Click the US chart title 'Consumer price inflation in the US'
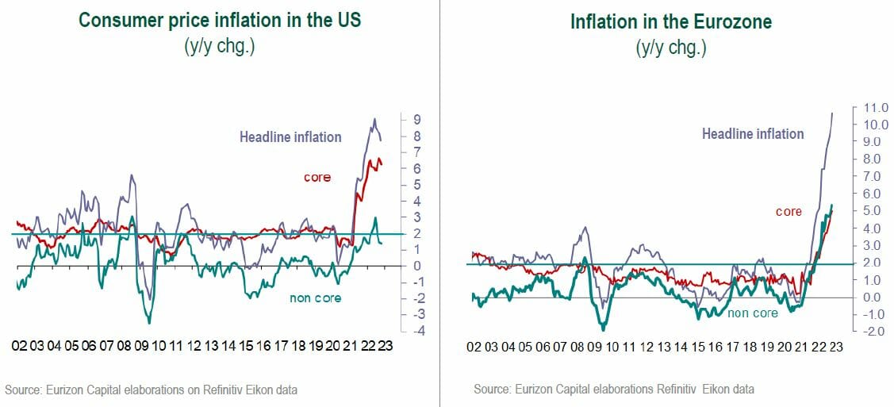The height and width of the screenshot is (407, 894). click(x=219, y=20)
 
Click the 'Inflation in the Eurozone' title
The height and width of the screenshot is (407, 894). click(x=670, y=21)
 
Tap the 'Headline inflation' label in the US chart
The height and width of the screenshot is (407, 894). click(x=290, y=137)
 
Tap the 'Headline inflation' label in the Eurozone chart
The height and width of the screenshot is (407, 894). click(x=752, y=134)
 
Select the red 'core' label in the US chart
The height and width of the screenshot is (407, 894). click(x=317, y=177)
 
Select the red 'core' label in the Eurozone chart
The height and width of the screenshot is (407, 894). click(x=788, y=212)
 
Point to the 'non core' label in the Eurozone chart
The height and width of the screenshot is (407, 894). click(x=753, y=313)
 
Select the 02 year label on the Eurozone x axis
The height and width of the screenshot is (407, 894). click(x=474, y=347)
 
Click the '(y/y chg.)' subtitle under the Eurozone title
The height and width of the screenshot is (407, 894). click(x=670, y=48)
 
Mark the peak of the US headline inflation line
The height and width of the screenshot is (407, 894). click(x=374, y=120)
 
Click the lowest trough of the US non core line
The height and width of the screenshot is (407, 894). click(x=148, y=323)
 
